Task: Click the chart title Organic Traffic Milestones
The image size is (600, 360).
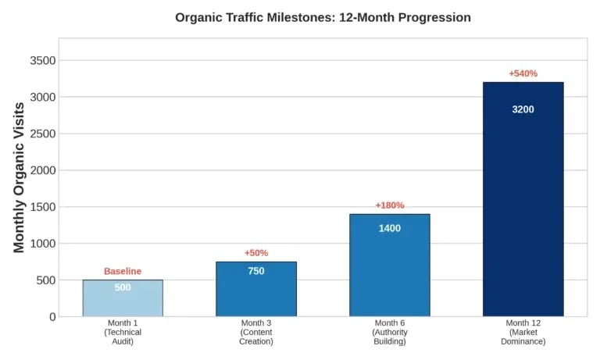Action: [323, 17]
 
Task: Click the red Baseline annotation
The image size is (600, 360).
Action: [123, 271]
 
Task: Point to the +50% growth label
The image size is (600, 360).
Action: [256, 253]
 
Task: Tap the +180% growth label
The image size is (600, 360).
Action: [389, 205]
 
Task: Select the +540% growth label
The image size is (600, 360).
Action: [523, 73]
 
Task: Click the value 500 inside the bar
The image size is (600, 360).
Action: [123, 287]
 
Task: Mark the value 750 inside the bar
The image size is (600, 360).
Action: [256, 271]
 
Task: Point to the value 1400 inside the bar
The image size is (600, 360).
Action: [389, 228]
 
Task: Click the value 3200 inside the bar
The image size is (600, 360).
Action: [523, 109]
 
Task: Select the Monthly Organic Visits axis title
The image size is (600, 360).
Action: [20, 178]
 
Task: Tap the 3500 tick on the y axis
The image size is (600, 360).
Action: [42, 61]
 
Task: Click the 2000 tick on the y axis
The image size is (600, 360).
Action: [42, 170]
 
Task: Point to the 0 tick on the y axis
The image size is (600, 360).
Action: [52, 317]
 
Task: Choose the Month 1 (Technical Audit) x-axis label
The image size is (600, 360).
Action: [123, 332]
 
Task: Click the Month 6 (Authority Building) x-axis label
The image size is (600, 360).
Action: [389, 332]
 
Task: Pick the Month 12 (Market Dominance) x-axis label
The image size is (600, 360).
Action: [523, 332]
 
